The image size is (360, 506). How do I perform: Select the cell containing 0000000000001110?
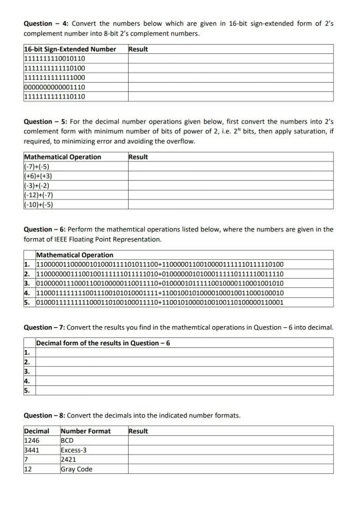[x=55, y=87]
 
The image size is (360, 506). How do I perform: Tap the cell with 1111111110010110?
[x=55, y=59]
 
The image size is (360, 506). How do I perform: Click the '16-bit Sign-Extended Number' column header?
[x=70, y=49]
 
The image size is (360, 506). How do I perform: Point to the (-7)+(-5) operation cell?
[x=37, y=167]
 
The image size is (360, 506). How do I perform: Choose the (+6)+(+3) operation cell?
[x=39, y=176]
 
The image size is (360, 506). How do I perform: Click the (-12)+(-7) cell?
[x=39, y=195]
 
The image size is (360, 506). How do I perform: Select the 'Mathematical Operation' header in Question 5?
[x=63, y=157]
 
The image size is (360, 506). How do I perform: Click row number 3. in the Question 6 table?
[x=28, y=283]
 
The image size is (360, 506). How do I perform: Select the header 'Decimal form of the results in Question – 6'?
[x=103, y=343]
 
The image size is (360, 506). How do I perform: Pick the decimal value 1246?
[x=32, y=441]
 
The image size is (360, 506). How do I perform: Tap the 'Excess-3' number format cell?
[x=75, y=450]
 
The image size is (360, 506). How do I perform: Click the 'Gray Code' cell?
[x=77, y=469]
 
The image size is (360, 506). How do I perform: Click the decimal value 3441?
[x=32, y=450]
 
